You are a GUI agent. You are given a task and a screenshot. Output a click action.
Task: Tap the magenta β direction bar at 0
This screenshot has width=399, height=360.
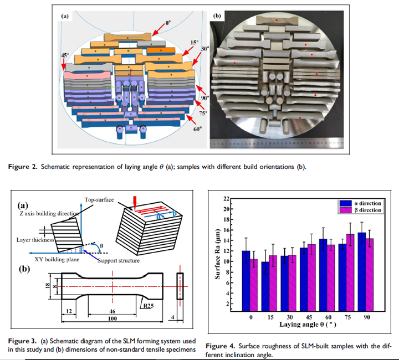click(x=254, y=284)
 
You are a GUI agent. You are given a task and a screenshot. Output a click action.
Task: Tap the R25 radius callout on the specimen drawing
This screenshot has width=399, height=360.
click(x=150, y=305)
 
